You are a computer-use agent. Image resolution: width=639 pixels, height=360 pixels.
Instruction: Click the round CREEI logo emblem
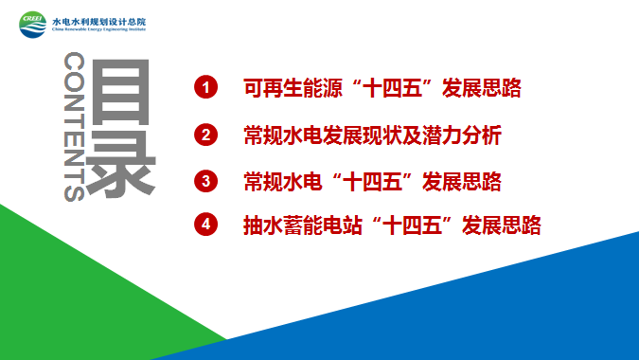click(x=33, y=25)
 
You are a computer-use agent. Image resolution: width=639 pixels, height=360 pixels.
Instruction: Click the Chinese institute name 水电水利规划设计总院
click(x=99, y=22)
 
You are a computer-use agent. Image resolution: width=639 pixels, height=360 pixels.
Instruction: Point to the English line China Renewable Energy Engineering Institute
click(x=99, y=29)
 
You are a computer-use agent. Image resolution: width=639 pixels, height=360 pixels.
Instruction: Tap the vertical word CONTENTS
click(x=74, y=126)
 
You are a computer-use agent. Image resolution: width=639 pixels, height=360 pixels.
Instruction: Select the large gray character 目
click(x=121, y=92)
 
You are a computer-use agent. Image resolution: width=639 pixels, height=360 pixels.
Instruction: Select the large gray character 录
click(x=121, y=163)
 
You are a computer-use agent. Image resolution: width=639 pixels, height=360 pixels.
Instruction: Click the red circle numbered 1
click(x=205, y=87)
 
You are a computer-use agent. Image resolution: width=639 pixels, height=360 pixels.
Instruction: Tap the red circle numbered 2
click(x=205, y=135)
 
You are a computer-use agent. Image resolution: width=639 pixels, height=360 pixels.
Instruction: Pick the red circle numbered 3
click(x=205, y=181)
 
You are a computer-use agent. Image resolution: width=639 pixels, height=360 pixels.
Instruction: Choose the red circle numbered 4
click(x=205, y=225)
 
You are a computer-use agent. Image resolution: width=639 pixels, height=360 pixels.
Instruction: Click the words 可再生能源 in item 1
click(x=293, y=88)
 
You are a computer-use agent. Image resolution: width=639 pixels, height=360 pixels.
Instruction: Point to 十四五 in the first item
click(x=392, y=88)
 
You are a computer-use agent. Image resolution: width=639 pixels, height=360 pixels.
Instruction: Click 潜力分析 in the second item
click(x=462, y=135)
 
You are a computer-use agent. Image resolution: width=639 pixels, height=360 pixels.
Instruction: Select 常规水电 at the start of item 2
click(x=283, y=135)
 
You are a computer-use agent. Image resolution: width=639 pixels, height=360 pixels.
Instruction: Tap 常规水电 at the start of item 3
click(x=283, y=182)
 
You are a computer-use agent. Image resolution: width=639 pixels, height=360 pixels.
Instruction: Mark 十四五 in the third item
click(x=372, y=182)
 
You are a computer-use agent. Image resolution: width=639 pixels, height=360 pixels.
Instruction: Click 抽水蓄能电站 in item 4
click(x=302, y=225)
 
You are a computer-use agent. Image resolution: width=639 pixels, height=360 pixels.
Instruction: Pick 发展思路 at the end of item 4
click(x=501, y=225)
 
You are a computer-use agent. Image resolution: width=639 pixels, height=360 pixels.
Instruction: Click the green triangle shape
click(x=81, y=294)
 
